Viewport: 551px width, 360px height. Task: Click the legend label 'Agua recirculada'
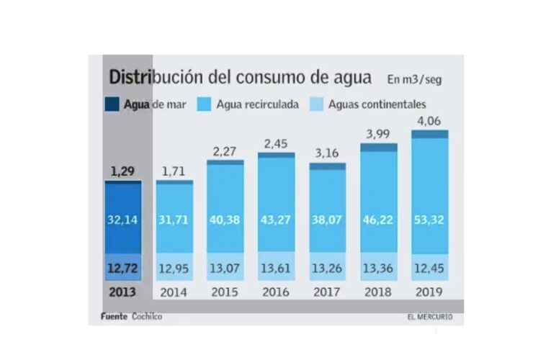(257, 104)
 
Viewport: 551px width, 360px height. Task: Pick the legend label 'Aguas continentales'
(377, 104)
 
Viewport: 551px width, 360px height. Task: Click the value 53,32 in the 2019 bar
(429, 219)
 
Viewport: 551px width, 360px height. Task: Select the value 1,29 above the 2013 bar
(122, 171)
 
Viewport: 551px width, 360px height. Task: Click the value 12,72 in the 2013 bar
(122, 269)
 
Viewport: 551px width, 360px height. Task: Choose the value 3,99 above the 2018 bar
(378, 134)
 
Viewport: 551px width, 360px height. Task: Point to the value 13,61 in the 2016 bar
(276, 269)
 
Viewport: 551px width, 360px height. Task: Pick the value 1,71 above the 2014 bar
(174, 171)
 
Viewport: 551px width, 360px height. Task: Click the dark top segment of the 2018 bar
(378, 148)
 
